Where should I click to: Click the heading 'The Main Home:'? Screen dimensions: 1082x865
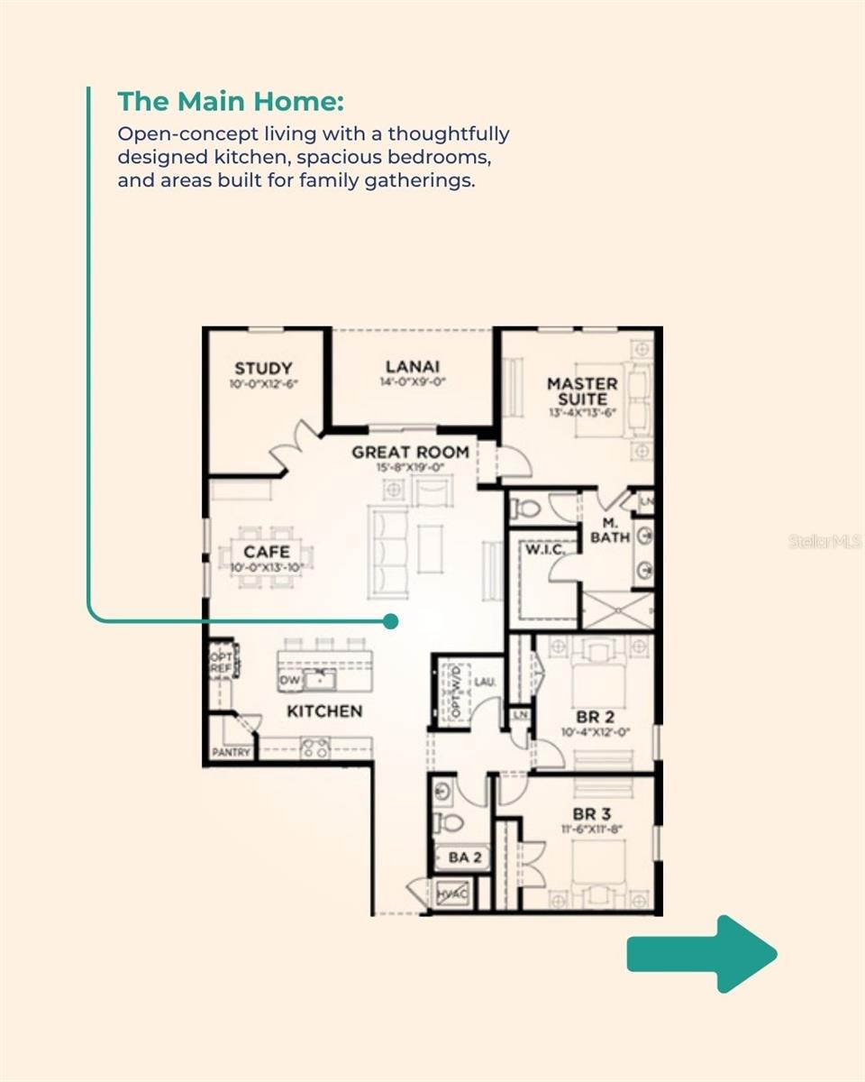(231, 101)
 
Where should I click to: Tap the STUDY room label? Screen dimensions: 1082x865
(263, 369)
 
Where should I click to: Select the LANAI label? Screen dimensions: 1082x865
(413, 367)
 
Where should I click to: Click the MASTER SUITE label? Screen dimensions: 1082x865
(582, 391)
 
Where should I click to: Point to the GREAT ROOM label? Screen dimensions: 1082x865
(410, 452)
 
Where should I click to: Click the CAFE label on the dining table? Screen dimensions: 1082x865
(267, 552)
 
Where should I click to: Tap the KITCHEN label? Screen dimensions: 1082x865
(324, 711)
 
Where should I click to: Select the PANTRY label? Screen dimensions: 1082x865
(232, 752)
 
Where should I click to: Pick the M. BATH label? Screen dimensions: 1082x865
(610, 531)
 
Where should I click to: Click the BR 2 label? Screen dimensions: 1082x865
(595, 717)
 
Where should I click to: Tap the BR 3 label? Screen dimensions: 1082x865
(592, 814)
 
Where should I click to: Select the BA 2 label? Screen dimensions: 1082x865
(464, 857)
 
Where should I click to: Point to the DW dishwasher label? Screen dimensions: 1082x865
(289, 680)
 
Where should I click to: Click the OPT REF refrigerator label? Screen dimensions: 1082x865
(222, 663)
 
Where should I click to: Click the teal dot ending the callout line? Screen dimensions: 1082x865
(390, 621)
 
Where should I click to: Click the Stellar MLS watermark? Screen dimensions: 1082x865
(825, 542)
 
